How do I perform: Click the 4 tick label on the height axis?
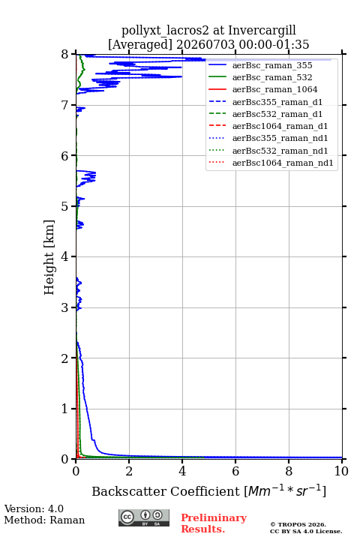tap(65, 257)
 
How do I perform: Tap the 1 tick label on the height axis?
tap(65, 409)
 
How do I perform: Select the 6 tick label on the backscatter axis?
tap(235, 471)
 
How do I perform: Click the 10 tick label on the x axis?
tap(341, 471)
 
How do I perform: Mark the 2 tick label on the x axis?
tap(129, 471)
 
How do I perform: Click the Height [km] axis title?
tap(49, 257)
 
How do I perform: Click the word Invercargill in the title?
tap(262, 31)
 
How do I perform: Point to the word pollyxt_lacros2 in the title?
tap(165, 31)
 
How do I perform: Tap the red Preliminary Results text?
tap(214, 523)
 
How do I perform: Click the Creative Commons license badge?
tap(144, 517)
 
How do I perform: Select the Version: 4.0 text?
tap(34, 508)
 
